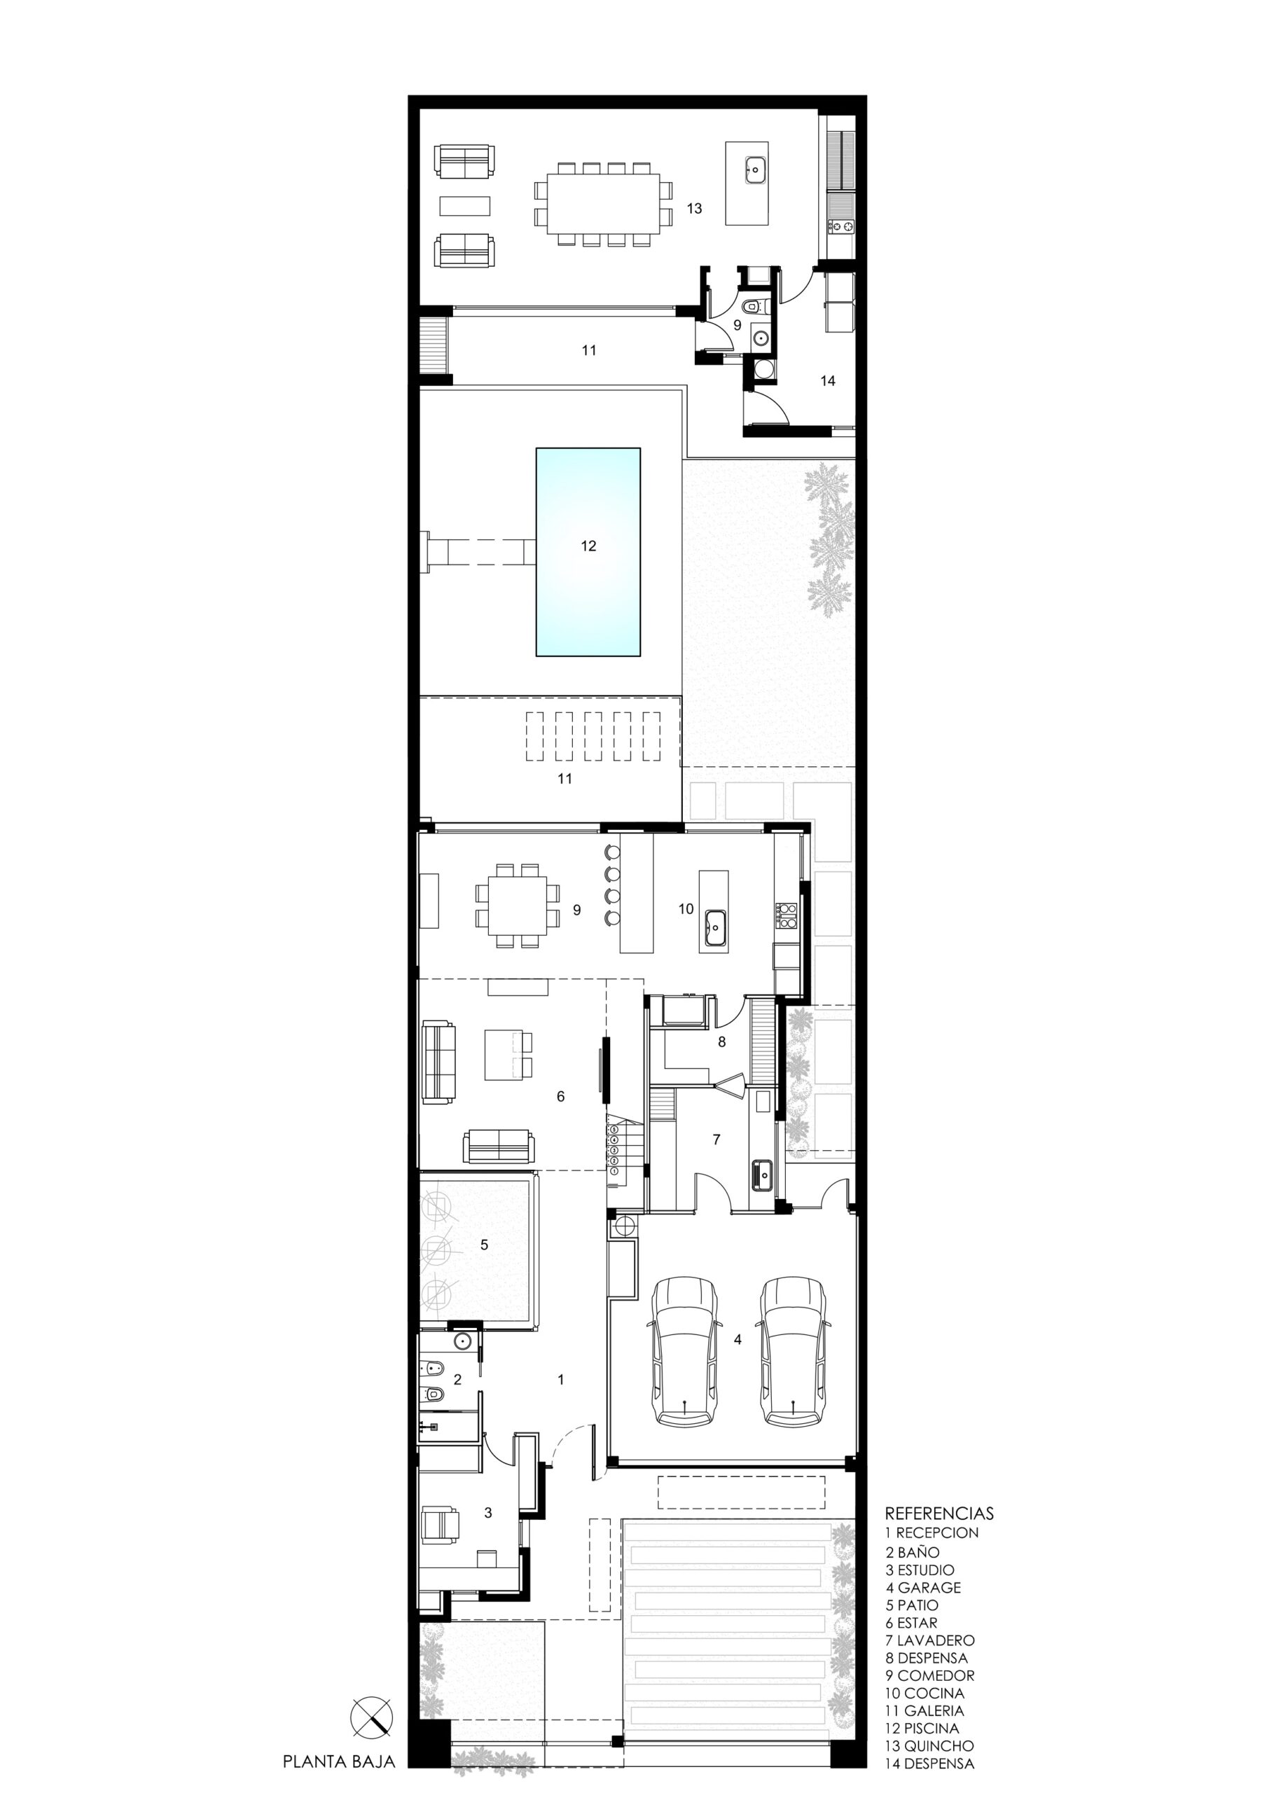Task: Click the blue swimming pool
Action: click(588, 551)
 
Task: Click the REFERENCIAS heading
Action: click(939, 1513)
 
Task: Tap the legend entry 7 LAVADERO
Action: click(929, 1640)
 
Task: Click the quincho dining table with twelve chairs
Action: click(602, 204)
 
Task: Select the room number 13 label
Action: click(694, 209)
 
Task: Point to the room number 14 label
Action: click(828, 380)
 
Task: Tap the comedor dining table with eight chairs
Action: click(518, 905)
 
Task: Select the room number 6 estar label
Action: click(560, 1096)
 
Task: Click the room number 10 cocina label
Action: click(686, 908)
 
